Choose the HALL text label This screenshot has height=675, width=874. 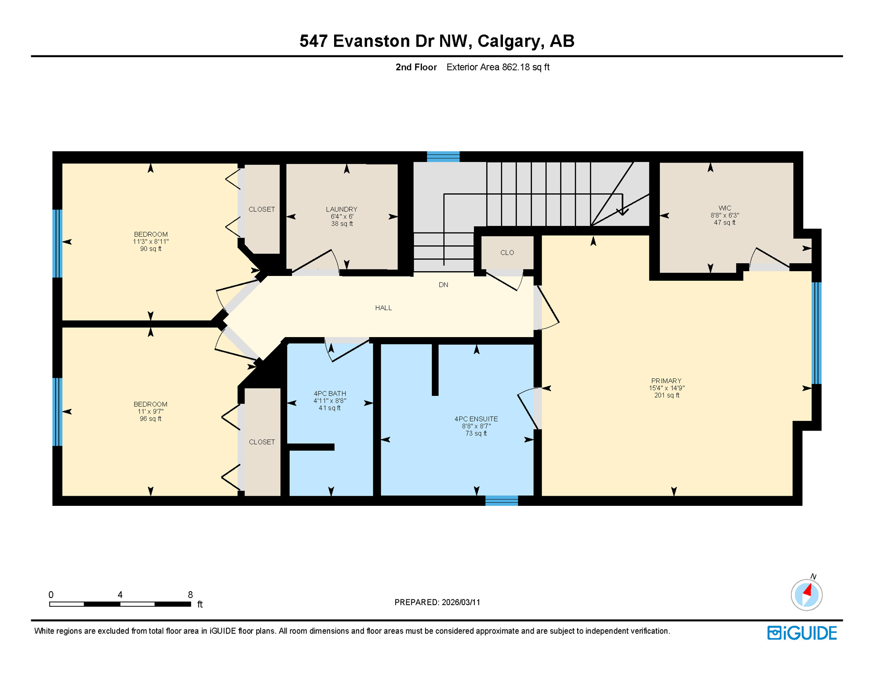383,308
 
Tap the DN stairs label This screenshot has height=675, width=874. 443,285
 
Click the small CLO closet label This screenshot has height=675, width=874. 507,253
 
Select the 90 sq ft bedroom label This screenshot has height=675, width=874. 150,242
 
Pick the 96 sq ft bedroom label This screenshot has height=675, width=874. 150,411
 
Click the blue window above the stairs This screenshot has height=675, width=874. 443,156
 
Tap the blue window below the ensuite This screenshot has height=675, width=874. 501,501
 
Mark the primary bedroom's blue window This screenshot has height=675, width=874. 816,333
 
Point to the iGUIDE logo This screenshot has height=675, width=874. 802,633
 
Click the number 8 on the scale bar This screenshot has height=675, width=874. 190,595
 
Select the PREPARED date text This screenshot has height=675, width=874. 437,602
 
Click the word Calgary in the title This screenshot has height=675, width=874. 509,41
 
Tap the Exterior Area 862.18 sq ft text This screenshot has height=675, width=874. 498,67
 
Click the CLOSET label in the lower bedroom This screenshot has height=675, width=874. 262,442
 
